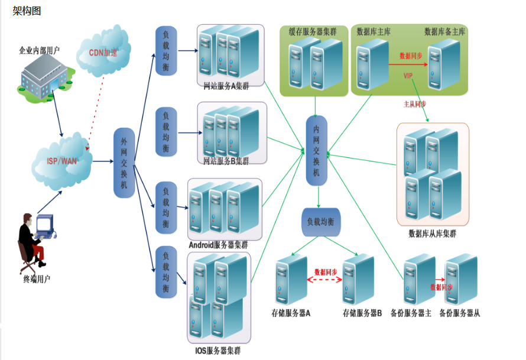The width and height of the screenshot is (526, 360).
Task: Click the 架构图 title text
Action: [27, 11]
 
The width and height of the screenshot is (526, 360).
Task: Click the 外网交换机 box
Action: [124, 163]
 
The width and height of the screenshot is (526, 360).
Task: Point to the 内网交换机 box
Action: [316, 151]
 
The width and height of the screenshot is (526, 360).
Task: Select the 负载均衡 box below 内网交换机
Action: [320, 222]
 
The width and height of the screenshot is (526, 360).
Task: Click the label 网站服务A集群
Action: [226, 86]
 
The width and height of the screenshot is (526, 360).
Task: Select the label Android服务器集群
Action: [218, 245]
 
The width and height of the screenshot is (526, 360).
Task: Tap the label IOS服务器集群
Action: [218, 351]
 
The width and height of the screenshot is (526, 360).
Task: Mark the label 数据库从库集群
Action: [433, 233]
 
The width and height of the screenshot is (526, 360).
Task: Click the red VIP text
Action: [408, 76]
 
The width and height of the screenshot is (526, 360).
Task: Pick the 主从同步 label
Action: [414, 103]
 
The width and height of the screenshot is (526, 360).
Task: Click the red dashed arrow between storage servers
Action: [326, 280]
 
